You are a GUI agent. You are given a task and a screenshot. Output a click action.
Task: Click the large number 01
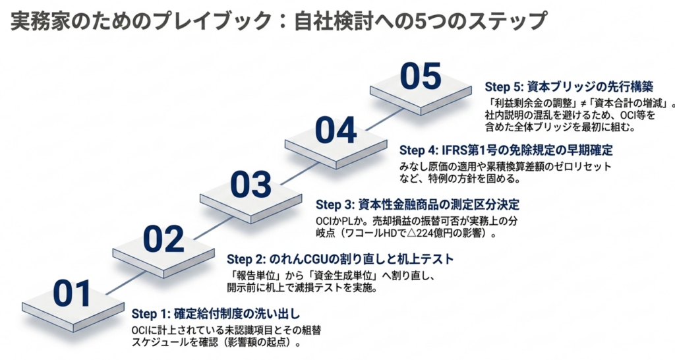click(x=72, y=293)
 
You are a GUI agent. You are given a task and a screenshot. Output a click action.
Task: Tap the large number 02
click(x=163, y=239)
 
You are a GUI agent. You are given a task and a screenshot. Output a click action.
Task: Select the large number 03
click(x=250, y=185)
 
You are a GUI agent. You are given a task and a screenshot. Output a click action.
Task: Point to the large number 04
click(x=336, y=130)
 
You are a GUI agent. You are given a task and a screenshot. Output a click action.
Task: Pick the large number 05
click(x=421, y=76)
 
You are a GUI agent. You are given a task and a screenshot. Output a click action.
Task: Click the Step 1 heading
click(x=216, y=313)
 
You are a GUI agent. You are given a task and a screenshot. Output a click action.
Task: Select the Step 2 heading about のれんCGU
click(x=340, y=259)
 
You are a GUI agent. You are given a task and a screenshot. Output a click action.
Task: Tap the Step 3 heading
click(x=417, y=204)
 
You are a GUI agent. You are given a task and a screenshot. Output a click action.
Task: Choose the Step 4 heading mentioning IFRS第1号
click(x=506, y=150)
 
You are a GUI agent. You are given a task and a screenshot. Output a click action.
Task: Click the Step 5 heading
click(x=569, y=86)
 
